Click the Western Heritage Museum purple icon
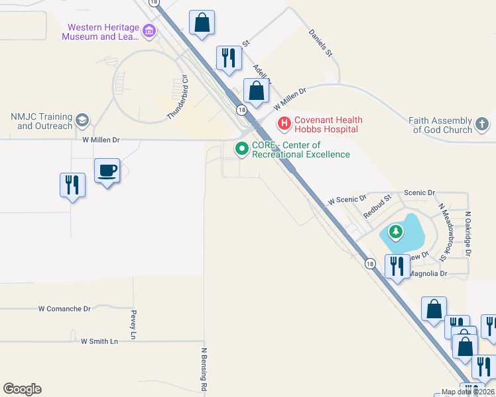pos(149,30)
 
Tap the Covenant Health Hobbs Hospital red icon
pos(284,124)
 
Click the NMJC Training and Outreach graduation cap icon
pos(83,120)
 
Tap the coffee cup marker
pos(107,172)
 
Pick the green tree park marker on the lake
pos(396,232)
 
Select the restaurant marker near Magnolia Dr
pos(397,267)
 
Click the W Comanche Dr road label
pos(64,309)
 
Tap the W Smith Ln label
pos(99,341)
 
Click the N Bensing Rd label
pos(204,369)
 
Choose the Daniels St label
pos(320,42)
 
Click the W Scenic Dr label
pos(347,199)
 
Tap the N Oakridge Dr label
pos(467,234)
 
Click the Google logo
pos(23,389)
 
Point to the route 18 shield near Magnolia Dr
pos(370,263)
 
